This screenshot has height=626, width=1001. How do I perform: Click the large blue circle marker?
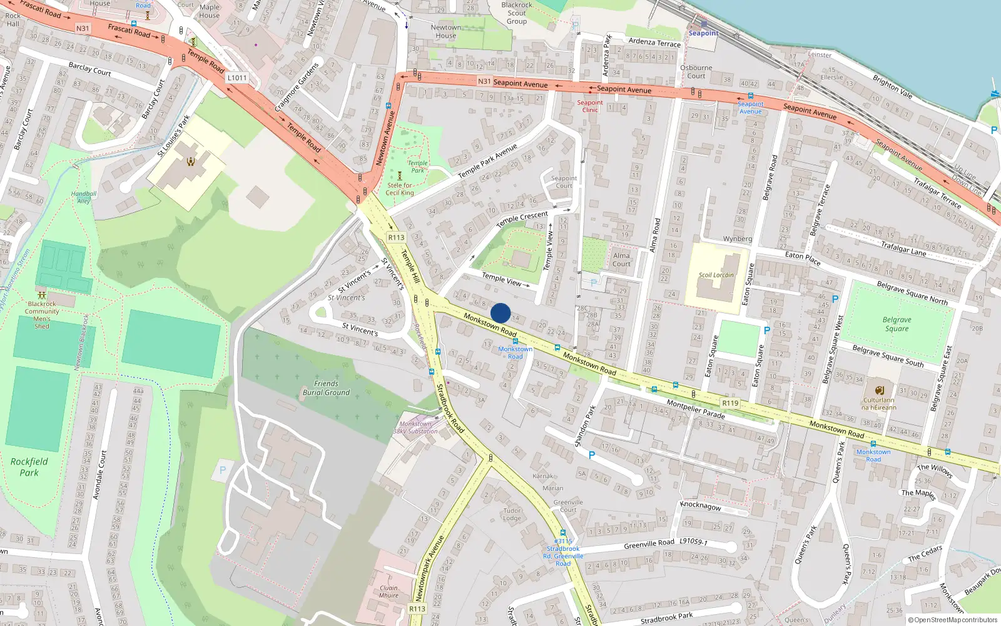(x=500, y=313)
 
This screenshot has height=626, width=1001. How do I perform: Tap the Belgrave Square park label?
(x=897, y=324)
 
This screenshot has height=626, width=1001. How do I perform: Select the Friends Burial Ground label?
(x=326, y=388)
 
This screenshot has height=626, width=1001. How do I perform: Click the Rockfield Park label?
(x=29, y=467)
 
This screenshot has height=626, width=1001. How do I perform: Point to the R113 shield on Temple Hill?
(x=396, y=237)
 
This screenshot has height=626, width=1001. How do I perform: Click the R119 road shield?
(x=729, y=403)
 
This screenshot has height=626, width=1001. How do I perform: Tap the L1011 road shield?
(x=237, y=78)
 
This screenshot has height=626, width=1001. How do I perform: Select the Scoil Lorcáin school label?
(x=716, y=275)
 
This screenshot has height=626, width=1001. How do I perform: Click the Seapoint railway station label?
(x=703, y=33)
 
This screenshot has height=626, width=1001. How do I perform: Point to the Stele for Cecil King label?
(x=400, y=189)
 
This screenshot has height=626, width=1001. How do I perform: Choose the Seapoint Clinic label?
(x=590, y=106)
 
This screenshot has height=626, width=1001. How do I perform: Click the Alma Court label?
(x=621, y=259)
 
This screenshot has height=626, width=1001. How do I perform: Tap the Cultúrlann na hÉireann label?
(x=878, y=404)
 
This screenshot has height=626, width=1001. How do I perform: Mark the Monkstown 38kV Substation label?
(x=415, y=428)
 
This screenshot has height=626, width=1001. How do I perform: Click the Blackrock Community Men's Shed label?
(x=42, y=315)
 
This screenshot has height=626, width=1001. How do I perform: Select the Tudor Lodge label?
(x=512, y=514)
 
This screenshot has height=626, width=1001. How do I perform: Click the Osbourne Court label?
(x=696, y=71)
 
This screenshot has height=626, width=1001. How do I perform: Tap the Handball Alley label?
(x=83, y=197)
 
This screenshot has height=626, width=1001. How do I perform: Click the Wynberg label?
(x=737, y=239)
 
